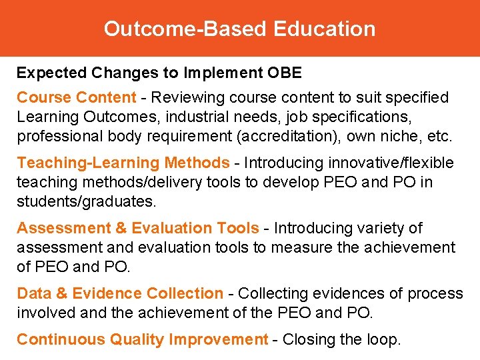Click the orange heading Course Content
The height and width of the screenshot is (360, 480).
[76, 97]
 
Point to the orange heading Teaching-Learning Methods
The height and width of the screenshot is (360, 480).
[123, 163]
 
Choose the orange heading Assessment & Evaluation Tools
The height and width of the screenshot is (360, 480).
[137, 228]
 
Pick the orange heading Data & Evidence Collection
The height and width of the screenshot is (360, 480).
[120, 293]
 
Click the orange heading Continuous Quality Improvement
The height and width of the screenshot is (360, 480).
[142, 339]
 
